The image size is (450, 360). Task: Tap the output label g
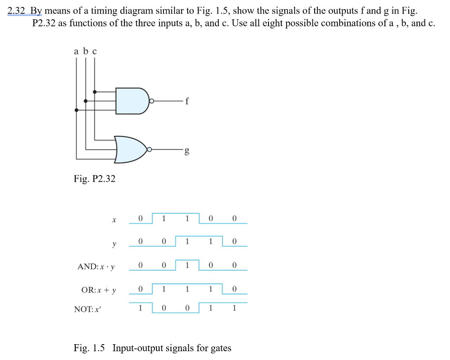[187, 151]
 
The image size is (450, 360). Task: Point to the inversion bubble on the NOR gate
[149, 150]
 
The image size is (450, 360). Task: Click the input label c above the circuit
[94, 52]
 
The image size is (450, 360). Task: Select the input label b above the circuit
[86, 51]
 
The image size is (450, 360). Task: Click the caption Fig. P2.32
[94, 179]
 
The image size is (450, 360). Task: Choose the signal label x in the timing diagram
[114, 219]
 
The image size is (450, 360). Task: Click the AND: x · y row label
[97, 266]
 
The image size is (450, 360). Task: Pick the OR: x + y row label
[99, 290]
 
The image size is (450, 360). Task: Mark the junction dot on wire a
[76, 110]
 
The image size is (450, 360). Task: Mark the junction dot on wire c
[94, 92]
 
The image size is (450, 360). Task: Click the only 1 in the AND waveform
[187, 265]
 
